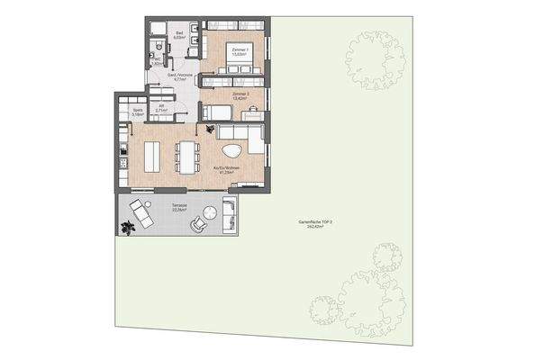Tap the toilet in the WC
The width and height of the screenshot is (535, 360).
pyautogui.click(x=156, y=48)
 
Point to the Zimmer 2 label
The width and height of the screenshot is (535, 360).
pyautogui.click(x=240, y=94)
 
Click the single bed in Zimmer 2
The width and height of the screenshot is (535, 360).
pyautogui.click(x=216, y=112)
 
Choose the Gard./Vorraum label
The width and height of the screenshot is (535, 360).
pyautogui.click(x=174, y=78)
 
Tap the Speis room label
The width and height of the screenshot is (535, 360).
pyautogui.click(x=138, y=113)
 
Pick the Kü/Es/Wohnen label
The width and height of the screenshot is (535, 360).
pyautogui.click(x=225, y=170)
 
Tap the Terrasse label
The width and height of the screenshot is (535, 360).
pyautogui.click(x=178, y=207)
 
